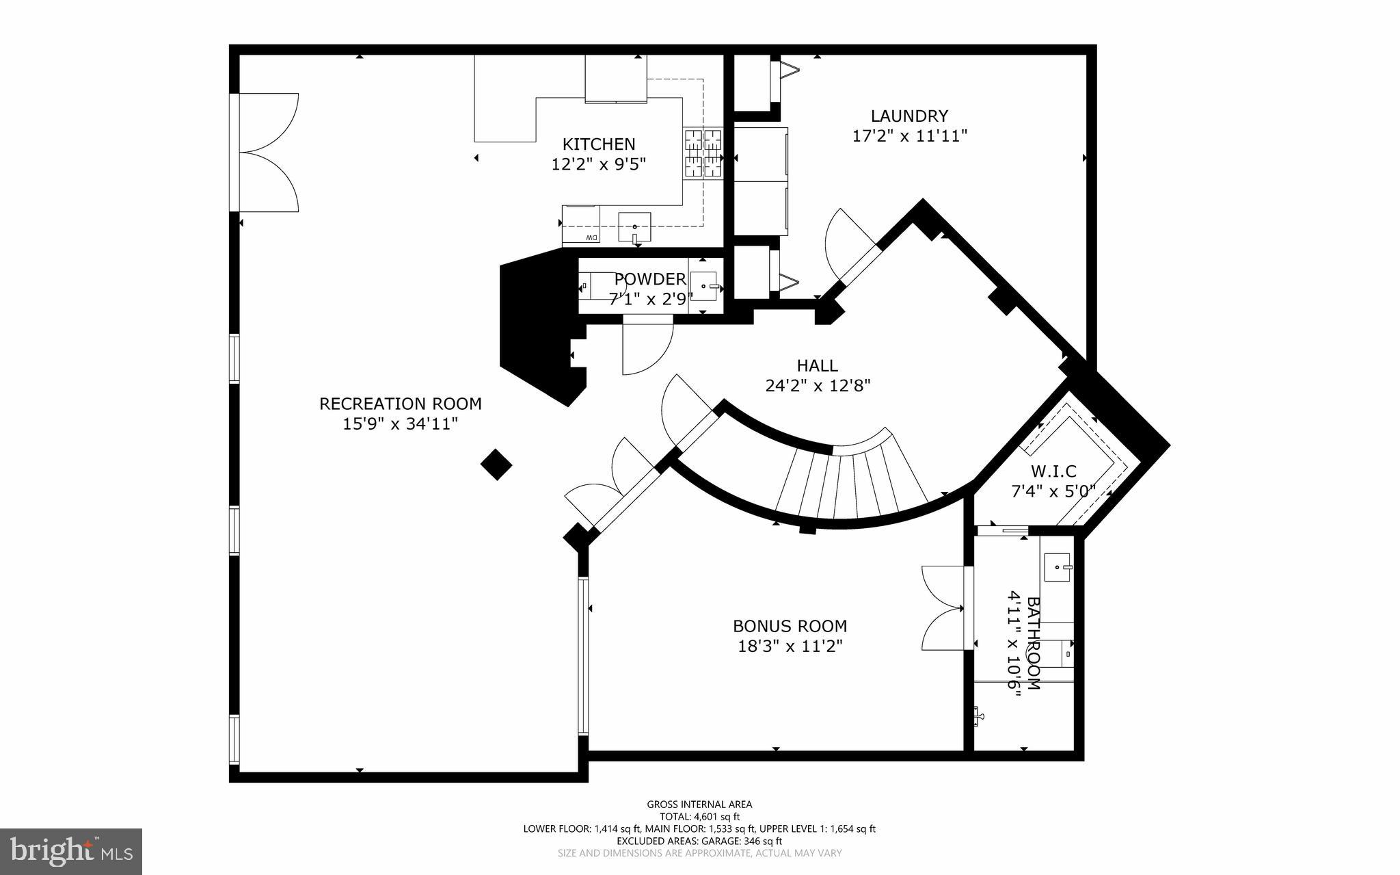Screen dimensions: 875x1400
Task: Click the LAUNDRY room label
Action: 908,116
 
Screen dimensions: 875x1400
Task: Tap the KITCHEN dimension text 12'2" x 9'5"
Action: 598,165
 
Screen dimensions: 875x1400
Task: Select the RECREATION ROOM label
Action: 400,404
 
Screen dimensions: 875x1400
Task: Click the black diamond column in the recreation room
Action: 496,465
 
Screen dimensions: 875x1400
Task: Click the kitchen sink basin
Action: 634,226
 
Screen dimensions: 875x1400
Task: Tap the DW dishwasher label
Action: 591,237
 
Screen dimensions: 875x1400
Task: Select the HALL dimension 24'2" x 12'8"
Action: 817,386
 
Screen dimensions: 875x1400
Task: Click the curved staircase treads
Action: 848,482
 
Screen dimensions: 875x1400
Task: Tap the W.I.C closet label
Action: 1053,471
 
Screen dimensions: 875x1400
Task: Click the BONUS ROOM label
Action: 790,626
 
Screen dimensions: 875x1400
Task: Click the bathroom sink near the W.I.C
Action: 1058,567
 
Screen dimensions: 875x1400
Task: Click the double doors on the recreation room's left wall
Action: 268,152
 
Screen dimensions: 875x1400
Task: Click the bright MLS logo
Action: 71,850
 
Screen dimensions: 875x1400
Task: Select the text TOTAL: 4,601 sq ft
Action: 699,816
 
